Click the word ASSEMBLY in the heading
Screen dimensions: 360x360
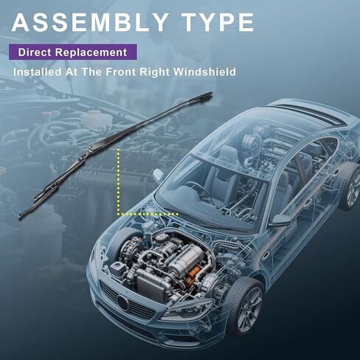point(90,22)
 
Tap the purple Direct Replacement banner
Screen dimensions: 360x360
point(73,52)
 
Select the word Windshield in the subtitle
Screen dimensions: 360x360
point(204,72)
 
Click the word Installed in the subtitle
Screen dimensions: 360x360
point(37,72)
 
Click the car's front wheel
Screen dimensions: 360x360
point(246,307)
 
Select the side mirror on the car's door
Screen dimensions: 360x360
point(281,220)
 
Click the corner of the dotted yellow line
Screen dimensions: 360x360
point(119,214)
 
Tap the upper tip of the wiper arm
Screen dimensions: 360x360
point(211,93)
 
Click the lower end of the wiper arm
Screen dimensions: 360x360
point(21,216)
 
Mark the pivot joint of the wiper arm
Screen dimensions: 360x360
point(91,148)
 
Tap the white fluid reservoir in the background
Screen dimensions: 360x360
point(94,120)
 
